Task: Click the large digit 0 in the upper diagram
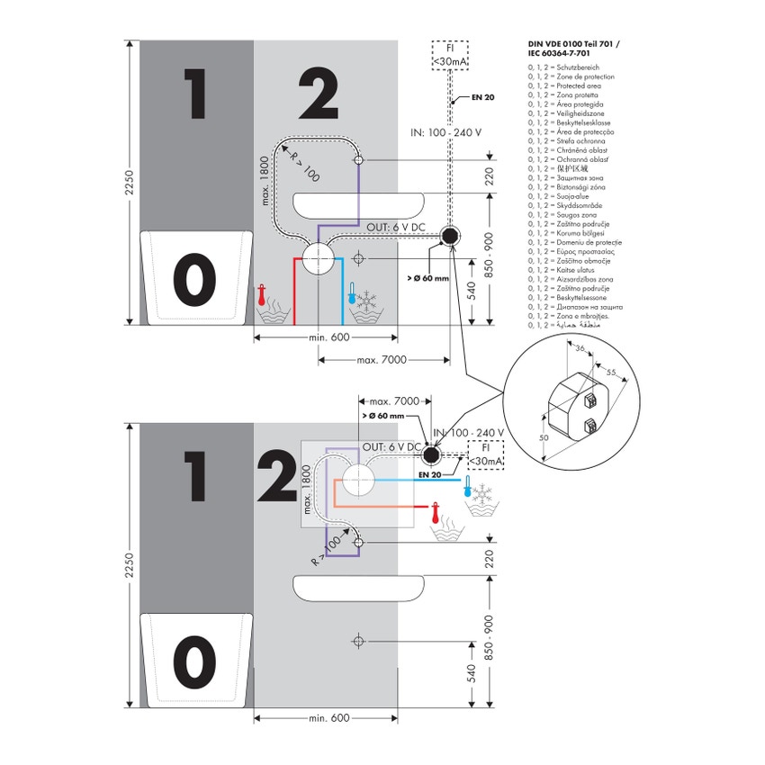pos(194,279)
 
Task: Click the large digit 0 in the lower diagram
pos(194,662)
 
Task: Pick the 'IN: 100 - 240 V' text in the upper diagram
pos(445,132)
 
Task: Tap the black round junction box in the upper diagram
pos(450,237)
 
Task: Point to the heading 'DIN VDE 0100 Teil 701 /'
pos(573,42)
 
